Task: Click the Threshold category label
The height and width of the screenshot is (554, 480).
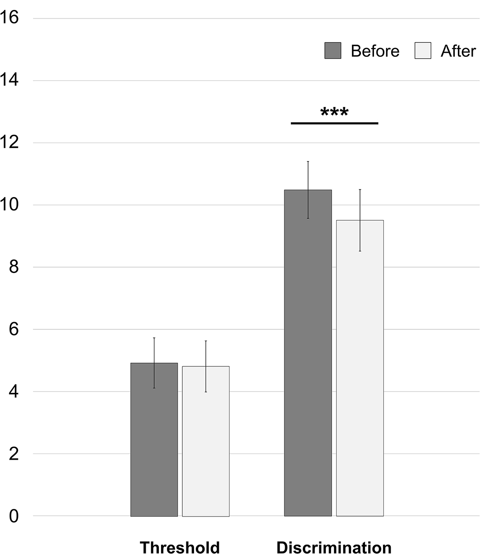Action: tap(180, 547)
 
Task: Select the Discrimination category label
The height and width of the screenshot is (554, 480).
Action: tap(334, 547)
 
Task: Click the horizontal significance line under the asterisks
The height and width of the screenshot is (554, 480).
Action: tap(334, 123)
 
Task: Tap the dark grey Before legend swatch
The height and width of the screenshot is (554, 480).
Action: tap(333, 51)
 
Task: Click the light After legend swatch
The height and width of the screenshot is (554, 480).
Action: tap(423, 51)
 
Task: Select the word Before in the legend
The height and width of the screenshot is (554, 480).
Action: tap(375, 51)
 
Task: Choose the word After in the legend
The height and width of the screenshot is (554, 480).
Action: tap(458, 51)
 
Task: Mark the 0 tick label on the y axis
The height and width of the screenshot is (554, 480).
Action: tap(14, 516)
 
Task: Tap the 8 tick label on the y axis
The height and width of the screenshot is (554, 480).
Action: tap(14, 267)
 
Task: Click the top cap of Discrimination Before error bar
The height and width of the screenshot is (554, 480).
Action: tap(308, 162)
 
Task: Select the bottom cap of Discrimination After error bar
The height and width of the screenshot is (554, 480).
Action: tap(360, 251)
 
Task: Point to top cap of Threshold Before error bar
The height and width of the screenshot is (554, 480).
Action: tap(154, 337)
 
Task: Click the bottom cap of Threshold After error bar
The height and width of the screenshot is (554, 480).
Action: tap(206, 392)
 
